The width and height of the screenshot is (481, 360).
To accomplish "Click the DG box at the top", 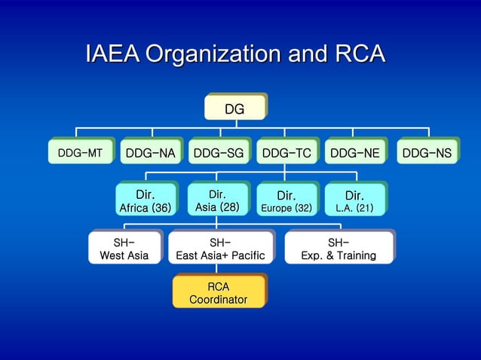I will (x=234, y=108).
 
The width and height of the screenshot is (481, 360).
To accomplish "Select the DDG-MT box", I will (x=81, y=153).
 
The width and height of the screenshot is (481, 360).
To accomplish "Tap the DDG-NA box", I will (x=150, y=153).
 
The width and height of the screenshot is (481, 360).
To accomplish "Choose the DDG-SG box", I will (x=219, y=153).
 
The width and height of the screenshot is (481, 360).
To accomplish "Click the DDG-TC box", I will (x=286, y=153).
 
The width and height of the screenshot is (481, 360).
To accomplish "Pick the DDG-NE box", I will (x=354, y=153).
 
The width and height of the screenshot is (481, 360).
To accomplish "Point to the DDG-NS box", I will (x=427, y=153).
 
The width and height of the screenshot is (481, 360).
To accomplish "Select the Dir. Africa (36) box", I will (x=146, y=200).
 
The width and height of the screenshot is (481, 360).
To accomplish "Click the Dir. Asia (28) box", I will (x=217, y=200).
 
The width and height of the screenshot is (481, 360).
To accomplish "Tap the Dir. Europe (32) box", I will (x=286, y=200).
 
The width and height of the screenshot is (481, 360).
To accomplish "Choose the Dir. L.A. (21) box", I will (x=354, y=200).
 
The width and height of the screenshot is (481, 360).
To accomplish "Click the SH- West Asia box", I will (x=124, y=249).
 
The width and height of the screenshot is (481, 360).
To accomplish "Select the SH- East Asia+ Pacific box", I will (x=220, y=249).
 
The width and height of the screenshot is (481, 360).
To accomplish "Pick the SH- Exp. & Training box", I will (x=339, y=249).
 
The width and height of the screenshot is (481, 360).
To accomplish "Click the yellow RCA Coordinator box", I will (x=218, y=292).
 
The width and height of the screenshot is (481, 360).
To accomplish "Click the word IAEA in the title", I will (x=112, y=55).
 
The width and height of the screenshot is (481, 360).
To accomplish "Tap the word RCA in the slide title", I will (x=357, y=55).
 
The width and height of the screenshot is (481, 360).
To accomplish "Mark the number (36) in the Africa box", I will (x=161, y=208).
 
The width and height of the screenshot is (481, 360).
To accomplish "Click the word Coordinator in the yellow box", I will (x=218, y=300).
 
